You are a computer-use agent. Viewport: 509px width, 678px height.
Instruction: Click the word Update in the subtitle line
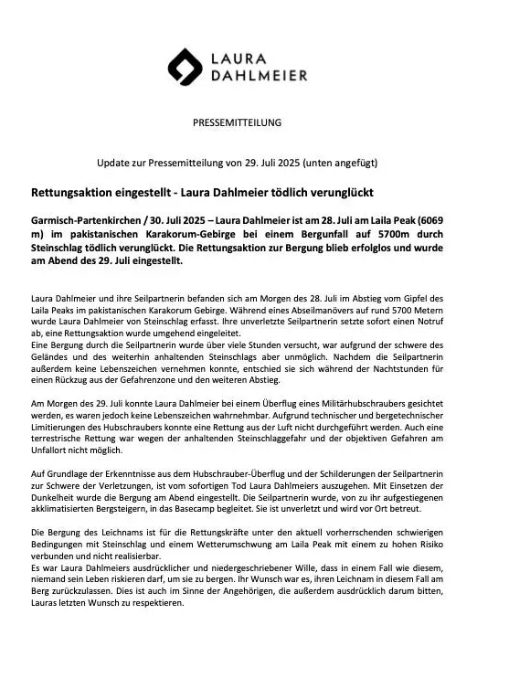coord(115,163)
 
